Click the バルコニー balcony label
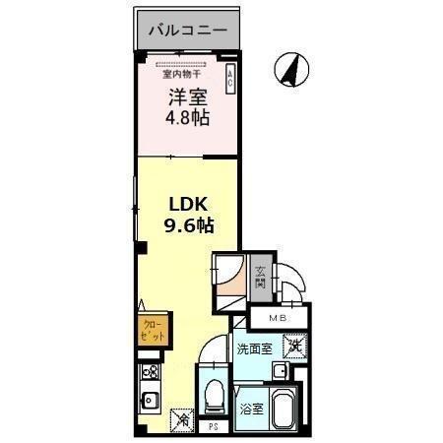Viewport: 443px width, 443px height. click(187, 31)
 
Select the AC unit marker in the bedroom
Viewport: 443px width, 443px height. click(230, 80)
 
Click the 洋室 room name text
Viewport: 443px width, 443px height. click(186, 97)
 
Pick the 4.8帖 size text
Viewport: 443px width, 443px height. click(186, 121)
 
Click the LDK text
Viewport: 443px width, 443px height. click(187, 204)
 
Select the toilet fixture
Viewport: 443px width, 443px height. click(211, 395)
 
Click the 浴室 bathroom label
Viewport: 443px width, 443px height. click(250, 408)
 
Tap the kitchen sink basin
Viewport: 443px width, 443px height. click(153, 401)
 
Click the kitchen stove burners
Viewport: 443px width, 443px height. click(152, 373)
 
